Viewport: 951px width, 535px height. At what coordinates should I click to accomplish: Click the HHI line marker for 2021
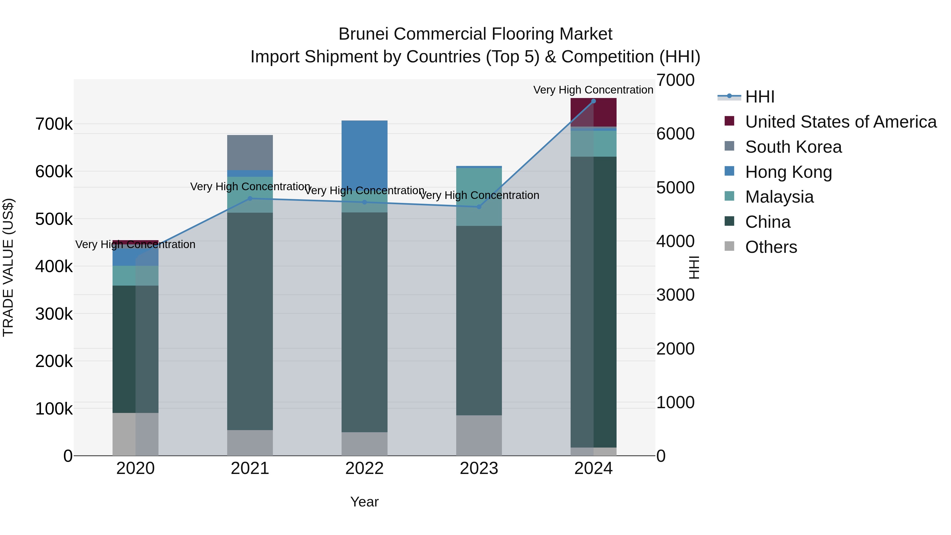pyautogui.click(x=250, y=199)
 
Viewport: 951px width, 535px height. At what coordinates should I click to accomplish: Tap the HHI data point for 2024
pyautogui.click(x=593, y=101)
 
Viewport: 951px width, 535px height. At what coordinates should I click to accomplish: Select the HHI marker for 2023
pyautogui.click(x=479, y=207)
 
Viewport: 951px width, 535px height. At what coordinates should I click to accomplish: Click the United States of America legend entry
pyautogui.click(x=841, y=122)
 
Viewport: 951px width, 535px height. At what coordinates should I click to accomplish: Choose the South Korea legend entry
pyautogui.click(x=793, y=147)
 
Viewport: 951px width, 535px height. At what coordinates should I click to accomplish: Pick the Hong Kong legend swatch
pyautogui.click(x=729, y=171)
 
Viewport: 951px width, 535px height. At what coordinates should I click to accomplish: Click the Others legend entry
pyautogui.click(x=771, y=247)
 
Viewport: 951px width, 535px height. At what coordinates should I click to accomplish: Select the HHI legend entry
pyautogui.click(x=759, y=97)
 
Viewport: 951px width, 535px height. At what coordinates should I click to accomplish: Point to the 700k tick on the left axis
pyautogui.click(x=54, y=124)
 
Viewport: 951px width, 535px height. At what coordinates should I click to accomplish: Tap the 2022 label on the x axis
pyautogui.click(x=364, y=468)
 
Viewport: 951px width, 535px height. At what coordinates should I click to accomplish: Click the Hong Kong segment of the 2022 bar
pyautogui.click(x=364, y=155)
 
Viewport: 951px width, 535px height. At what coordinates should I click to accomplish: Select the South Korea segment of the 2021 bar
pyautogui.click(x=250, y=152)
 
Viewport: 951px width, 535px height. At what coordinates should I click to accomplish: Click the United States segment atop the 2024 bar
pyautogui.click(x=593, y=113)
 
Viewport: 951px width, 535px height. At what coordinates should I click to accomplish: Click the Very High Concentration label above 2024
pyautogui.click(x=593, y=90)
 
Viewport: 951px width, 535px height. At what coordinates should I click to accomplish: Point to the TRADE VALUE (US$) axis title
pyautogui.click(x=8, y=267)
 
